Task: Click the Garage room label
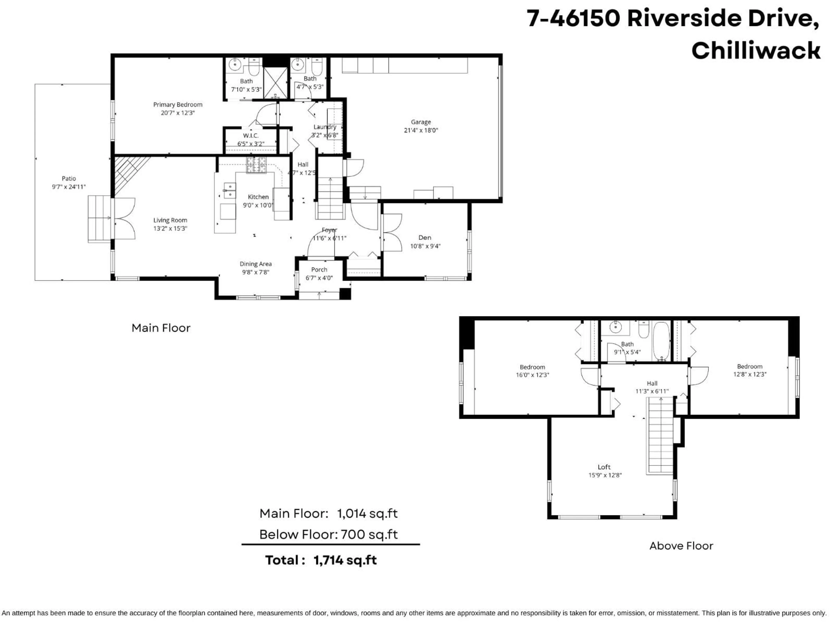421,122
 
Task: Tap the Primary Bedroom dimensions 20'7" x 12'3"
178,113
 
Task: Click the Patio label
69,179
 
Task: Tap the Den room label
425,238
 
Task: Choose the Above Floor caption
681,546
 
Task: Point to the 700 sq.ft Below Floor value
369,535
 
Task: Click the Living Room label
170,220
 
